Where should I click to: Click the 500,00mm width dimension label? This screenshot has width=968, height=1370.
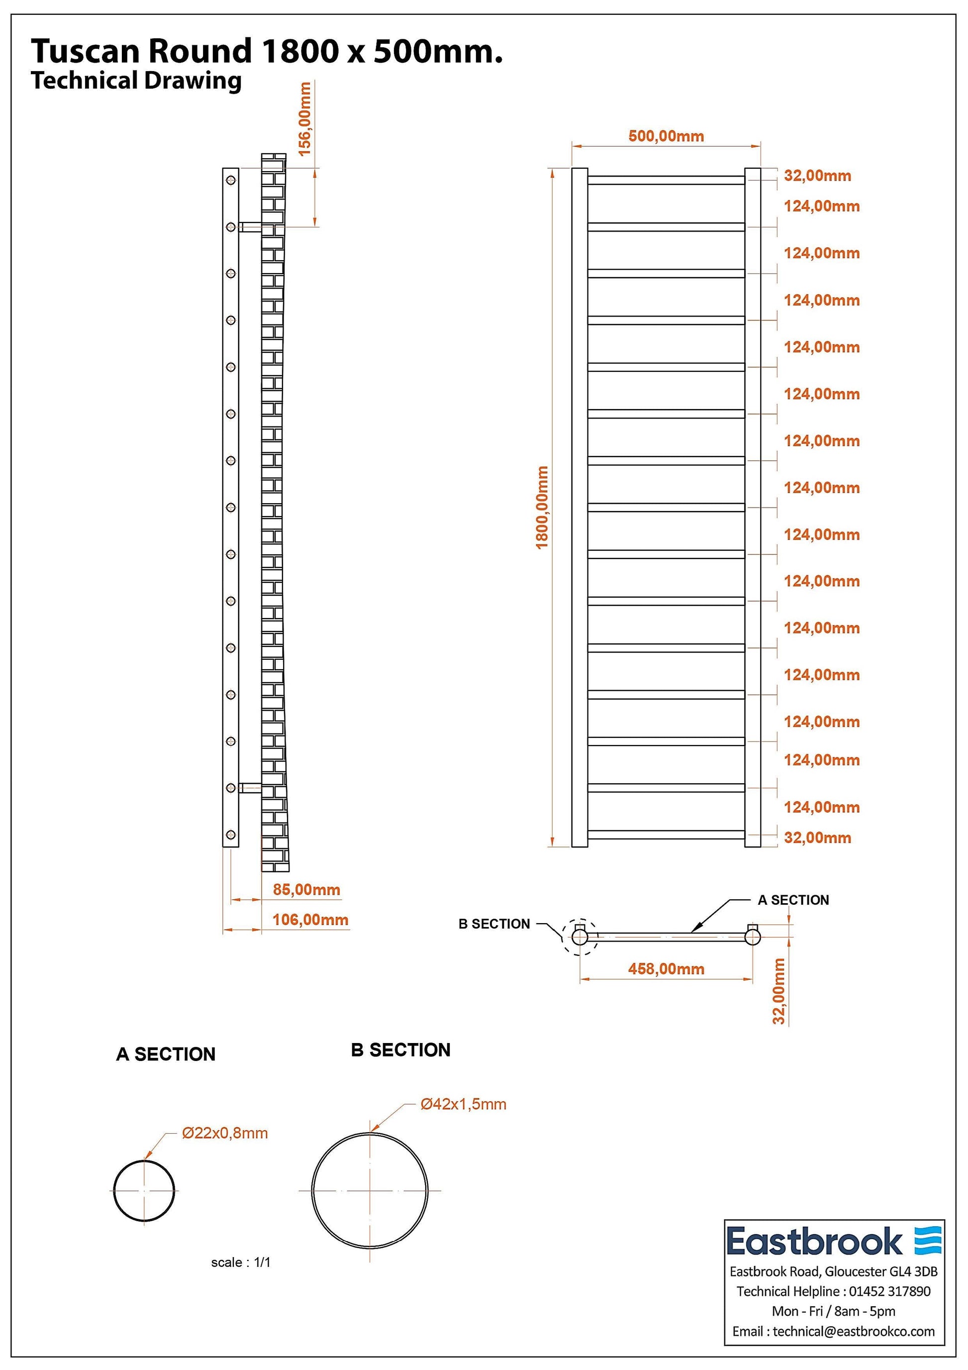pos(666,137)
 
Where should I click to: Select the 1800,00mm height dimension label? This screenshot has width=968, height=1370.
pos(542,507)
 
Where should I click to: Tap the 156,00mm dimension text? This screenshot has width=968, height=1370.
pos(305,119)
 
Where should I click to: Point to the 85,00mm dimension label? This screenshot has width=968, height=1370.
pos(306,890)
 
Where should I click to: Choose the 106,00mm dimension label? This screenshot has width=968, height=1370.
pos(310,920)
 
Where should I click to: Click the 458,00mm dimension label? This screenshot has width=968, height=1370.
pos(666,969)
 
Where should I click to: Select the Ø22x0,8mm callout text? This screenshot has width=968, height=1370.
pos(225,1133)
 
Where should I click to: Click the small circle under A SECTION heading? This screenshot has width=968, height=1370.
pos(144,1191)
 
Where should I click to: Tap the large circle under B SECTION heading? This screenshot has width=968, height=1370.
pos(369,1190)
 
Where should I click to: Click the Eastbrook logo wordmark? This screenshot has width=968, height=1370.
pos(814,1242)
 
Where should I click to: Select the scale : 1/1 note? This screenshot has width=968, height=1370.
pos(240,1262)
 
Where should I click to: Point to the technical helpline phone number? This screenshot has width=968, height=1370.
pos(889,1291)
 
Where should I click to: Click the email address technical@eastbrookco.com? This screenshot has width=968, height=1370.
pos(854,1331)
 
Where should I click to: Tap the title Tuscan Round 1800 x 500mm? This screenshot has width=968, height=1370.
pos(267,51)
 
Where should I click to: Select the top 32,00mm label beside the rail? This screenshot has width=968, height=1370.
pos(817,176)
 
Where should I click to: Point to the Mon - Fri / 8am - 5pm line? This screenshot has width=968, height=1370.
pos(833,1311)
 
